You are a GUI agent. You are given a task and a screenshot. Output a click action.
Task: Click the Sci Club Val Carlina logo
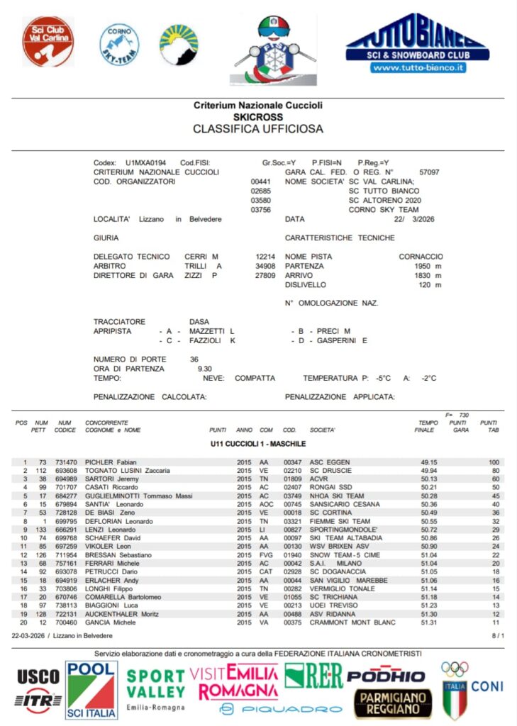pos(48,41)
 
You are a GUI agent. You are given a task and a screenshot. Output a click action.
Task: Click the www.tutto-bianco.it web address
pos(417,68)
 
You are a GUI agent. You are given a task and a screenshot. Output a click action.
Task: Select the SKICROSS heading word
pos(257,116)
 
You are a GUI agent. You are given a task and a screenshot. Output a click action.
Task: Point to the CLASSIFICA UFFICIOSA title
pos(257,129)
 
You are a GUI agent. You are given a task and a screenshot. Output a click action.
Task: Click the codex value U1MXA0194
pos(145,163)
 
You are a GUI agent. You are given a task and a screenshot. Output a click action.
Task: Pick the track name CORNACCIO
pos(421,257)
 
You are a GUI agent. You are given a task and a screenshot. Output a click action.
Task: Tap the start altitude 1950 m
pos(428,266)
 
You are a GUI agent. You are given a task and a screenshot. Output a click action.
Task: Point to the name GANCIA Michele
pos(111,622)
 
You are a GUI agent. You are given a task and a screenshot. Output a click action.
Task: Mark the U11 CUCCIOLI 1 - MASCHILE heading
pos(258,444)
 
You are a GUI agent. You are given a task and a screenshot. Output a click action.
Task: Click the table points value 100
pos(494,462)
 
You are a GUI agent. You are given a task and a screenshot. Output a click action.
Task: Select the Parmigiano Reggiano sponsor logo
pos(392,702)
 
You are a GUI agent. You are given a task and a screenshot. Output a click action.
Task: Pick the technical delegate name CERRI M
pos(201,257)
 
